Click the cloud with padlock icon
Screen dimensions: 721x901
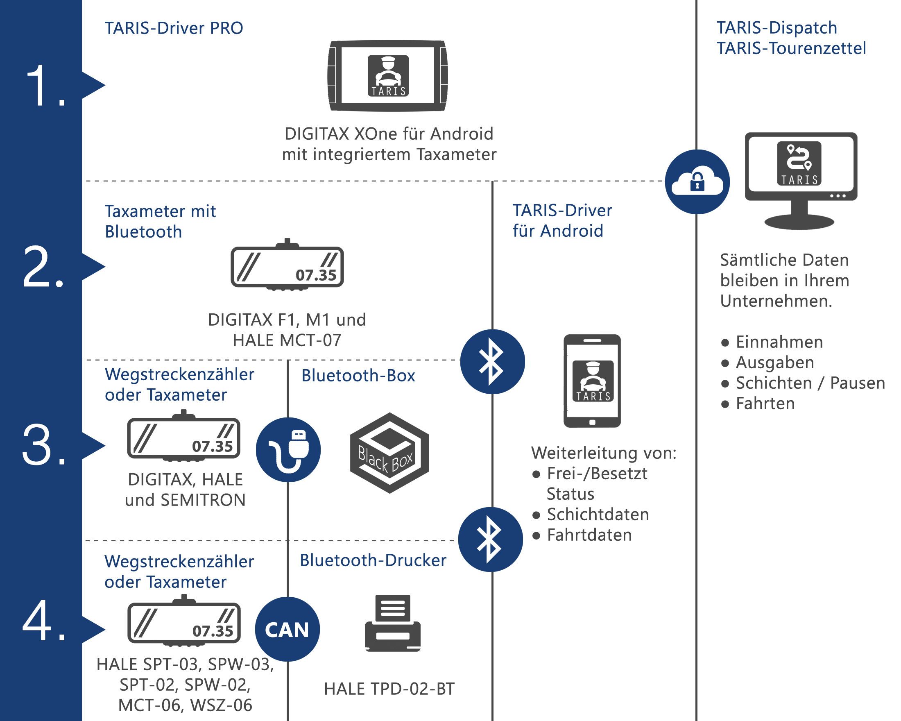pos(697,182)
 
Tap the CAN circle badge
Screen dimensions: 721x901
pos(288,629)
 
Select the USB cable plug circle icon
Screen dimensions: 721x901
pos(288,449)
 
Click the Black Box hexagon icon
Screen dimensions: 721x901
pos(389,453)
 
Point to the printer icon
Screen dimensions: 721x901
pos(392,623)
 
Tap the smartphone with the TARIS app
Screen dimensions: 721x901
pos(592,380)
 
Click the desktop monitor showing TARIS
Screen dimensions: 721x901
pos(801,180)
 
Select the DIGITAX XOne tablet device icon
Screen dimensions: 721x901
pos(388,76)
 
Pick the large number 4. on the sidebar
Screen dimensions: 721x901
pos(44,621)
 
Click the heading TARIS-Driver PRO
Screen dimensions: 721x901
pos(174,28)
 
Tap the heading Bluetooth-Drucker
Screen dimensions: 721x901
pos(373,560)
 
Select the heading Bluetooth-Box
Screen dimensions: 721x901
pos(358,375)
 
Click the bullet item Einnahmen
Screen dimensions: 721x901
pos(779,342)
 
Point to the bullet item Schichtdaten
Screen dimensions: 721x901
pos(598,514)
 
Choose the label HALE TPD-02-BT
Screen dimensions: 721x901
pos(389,689)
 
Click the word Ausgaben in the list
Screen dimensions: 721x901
pos(775,363)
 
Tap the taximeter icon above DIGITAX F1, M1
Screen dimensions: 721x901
pos(287,266)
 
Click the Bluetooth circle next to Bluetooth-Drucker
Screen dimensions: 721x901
pos(491,539)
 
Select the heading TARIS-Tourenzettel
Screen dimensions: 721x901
pos(791,48)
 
